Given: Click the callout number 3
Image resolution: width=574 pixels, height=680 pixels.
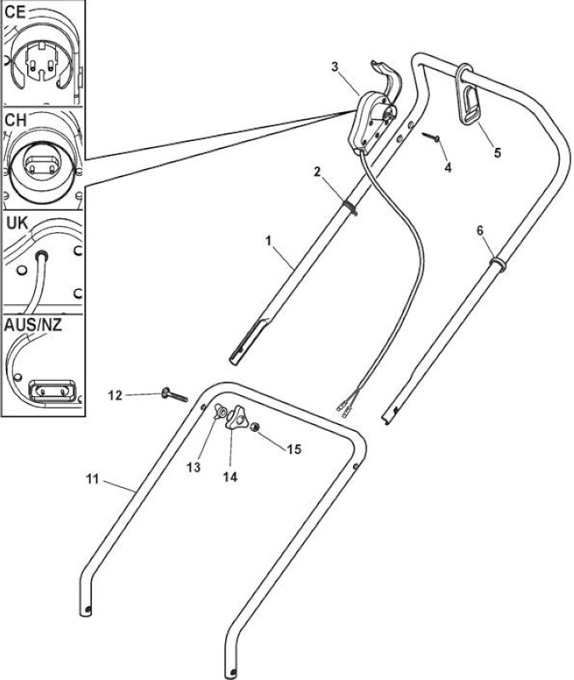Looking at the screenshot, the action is tap(334, 67).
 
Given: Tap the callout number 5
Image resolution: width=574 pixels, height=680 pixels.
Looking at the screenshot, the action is tap(497, 152).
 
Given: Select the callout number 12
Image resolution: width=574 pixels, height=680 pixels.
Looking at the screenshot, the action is tap(115, 395).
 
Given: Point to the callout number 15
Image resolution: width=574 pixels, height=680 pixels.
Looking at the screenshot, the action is tap(294, 449).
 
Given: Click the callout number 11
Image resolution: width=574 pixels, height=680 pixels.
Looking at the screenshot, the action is tap(93, 479).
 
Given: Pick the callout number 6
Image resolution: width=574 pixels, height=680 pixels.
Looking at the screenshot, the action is tap(480, 230).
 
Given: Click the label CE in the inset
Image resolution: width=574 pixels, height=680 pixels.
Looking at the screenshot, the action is tap(15, 12).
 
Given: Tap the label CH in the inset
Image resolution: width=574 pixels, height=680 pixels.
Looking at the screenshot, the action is tap(15, 120).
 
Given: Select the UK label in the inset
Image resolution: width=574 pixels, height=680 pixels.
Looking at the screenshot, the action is tap(17, 224).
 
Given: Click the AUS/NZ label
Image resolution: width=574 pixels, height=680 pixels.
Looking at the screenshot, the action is tap(33, 325).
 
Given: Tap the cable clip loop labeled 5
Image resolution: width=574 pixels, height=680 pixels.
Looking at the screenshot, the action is tap(468, 94).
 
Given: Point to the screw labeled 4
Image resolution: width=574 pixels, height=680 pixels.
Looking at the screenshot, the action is tap(430, 137).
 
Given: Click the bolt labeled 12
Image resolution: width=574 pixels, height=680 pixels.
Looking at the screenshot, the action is tap(174, 395).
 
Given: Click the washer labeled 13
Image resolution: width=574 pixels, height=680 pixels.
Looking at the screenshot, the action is tap(220, 411).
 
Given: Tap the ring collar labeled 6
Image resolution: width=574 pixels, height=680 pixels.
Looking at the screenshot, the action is tap(497, 263).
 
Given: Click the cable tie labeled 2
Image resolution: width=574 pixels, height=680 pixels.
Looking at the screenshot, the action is tap(350, 207).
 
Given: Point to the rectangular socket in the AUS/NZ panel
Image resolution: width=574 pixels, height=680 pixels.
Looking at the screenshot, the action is tap(52, 391).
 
